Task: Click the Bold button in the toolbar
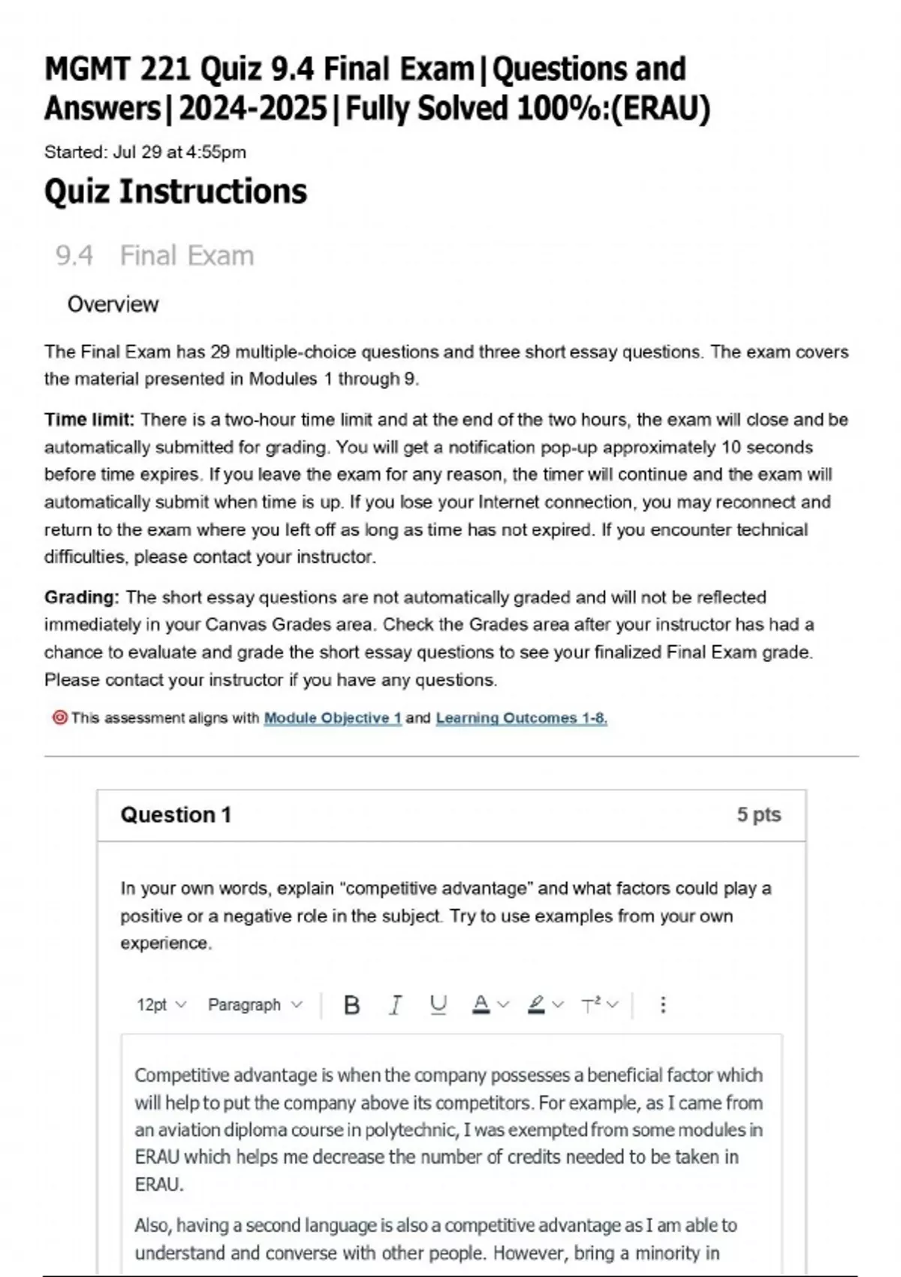pos(351,1004)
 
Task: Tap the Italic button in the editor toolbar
pos(395,1004)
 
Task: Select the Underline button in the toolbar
pos(438,1004)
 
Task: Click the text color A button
pos(481,1004)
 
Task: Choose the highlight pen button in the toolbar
pos(536,1004)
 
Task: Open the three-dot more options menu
pos(662,1004)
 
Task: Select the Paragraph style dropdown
pos(255,1004)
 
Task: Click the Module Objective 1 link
pos(333,718)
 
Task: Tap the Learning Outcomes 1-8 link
pos(521,718)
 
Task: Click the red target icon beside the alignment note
pos(59,717)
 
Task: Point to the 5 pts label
pos(758,814)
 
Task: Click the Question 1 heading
pos(176,815)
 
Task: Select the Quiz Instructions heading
pos(176,191)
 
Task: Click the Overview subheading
pos(113,304)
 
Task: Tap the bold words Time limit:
pos(89,419)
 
